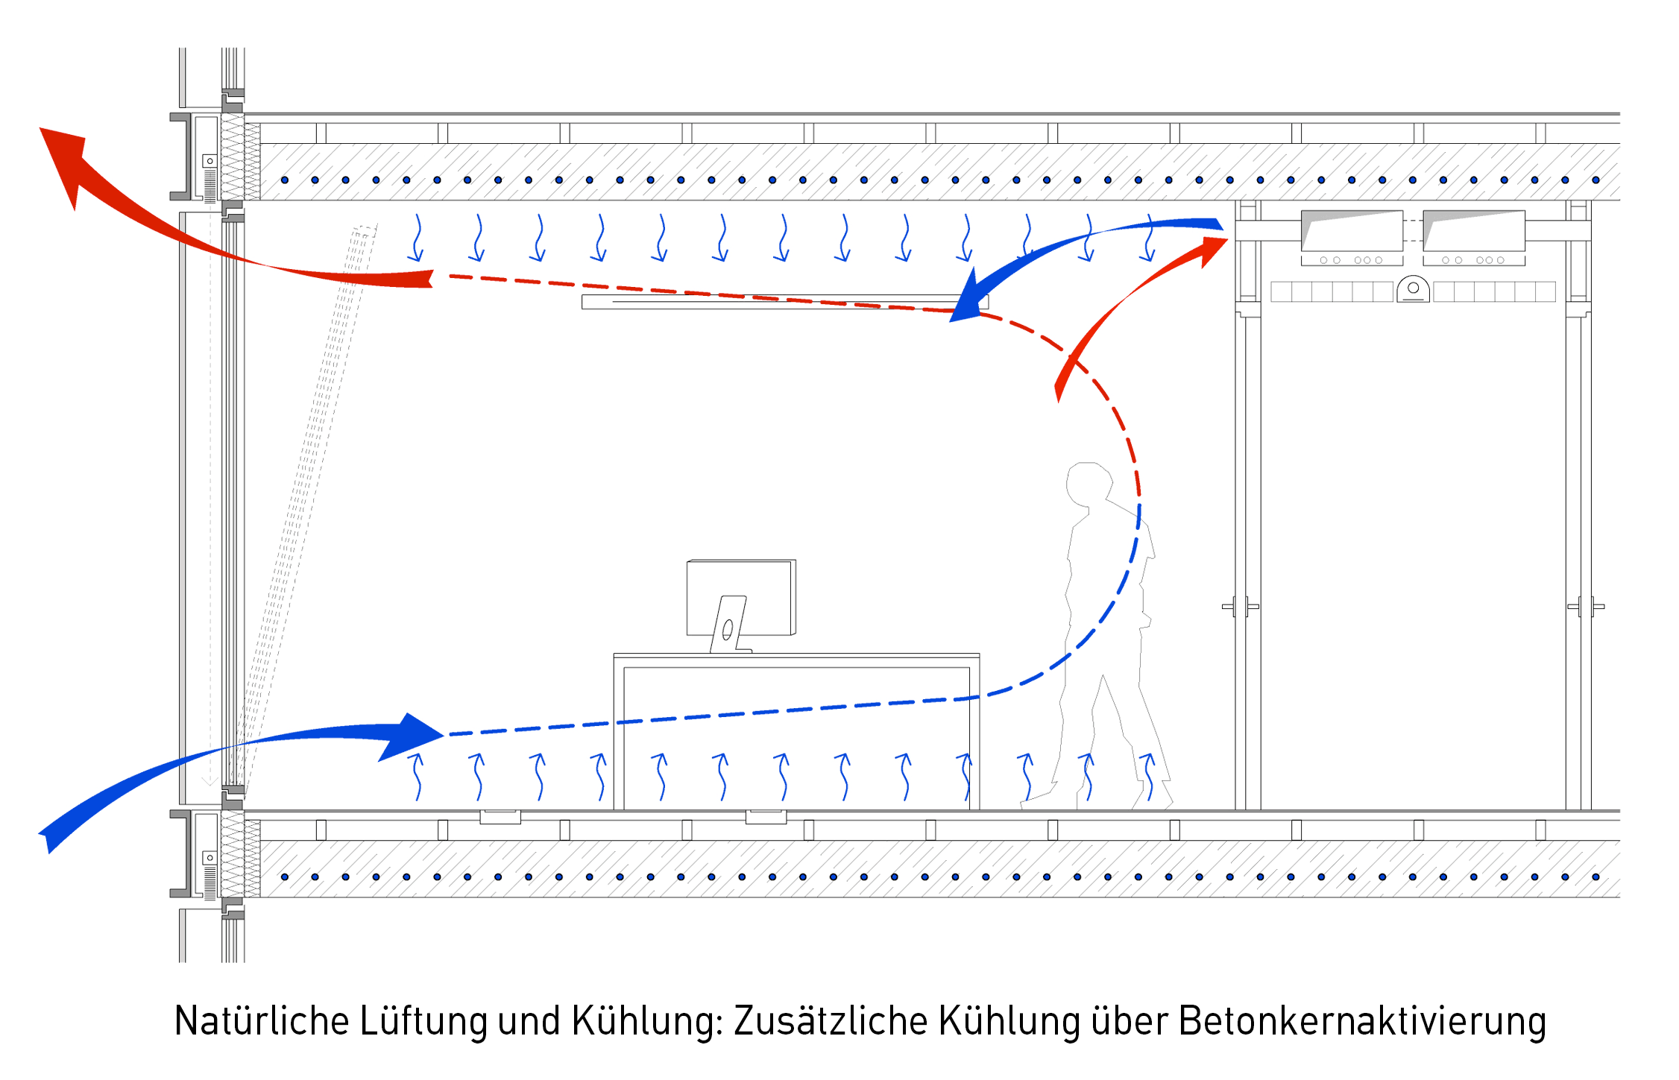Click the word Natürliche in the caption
[x=261, y=1020]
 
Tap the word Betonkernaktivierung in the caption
[x=1362, y=1020]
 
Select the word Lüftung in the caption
[x=423, y=1020]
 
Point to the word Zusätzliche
[x=830, y=1020]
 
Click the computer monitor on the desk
[x=740, y=596]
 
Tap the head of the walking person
[x=1089, y=484]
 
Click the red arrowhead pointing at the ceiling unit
[x=1212, y=250]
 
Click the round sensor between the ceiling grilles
[x=1413, y=289]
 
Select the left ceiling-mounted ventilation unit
[x=1352, y=232]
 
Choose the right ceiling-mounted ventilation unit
[x=1474, y=232]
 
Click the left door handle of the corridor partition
[x=1241, y=607]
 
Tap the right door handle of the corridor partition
[x=1586, y=607]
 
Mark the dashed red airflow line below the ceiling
[x=671, y=291]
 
